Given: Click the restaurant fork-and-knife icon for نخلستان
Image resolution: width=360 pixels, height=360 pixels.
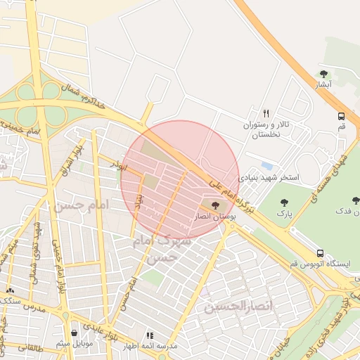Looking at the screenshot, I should click(x=266, y=113).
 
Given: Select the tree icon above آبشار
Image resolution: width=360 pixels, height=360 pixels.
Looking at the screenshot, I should click(x=323, y=74).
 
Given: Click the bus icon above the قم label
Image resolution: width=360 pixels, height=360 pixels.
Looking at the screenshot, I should click(x=341, y=116).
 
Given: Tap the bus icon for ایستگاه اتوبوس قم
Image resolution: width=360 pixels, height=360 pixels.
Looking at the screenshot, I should click(x=321, y=253).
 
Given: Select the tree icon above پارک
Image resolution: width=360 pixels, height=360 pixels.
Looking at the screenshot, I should click(x=284, y=202).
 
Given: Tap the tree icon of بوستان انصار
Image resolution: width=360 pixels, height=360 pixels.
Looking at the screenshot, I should click(x=214, y=205).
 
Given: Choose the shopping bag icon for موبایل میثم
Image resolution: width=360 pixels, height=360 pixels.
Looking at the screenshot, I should click(x=75, y=333).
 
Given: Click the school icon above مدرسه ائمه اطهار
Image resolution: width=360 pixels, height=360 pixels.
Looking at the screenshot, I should click(x=149, y=336).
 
